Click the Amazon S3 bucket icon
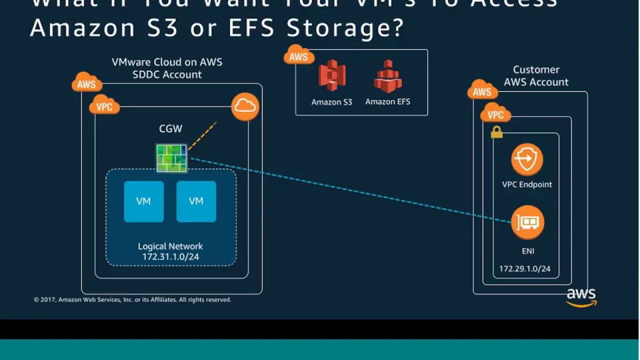332,75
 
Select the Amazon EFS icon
388,76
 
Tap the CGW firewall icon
171,158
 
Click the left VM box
143,201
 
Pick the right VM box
196,201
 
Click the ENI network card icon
527,222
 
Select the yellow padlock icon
496,132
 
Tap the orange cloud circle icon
245,106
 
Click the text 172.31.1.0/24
170,256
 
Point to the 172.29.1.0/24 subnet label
524,269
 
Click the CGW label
170,128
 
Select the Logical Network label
170,246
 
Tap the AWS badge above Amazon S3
298,56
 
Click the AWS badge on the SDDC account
86,83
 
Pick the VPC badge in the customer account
495,114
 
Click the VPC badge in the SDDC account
104,106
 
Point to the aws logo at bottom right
581,297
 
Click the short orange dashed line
202,135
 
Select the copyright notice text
132,300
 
